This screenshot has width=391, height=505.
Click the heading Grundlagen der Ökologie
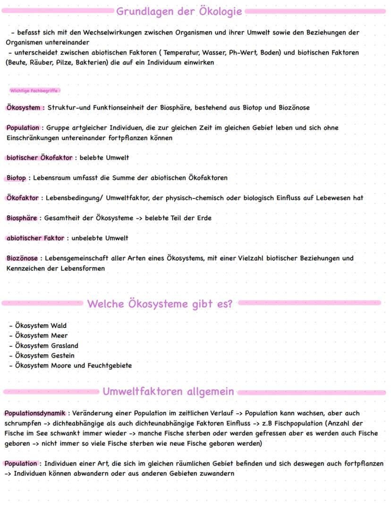(179, 11)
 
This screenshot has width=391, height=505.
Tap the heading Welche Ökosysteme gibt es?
(160, 304)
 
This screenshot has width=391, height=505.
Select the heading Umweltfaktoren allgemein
(168, 392)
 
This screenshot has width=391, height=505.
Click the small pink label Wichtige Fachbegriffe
(35, 90)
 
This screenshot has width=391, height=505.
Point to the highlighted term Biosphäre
(22, 218)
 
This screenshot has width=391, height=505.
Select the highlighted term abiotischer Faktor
(35, 238)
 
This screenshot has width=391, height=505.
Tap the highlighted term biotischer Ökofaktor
(39, 157)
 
